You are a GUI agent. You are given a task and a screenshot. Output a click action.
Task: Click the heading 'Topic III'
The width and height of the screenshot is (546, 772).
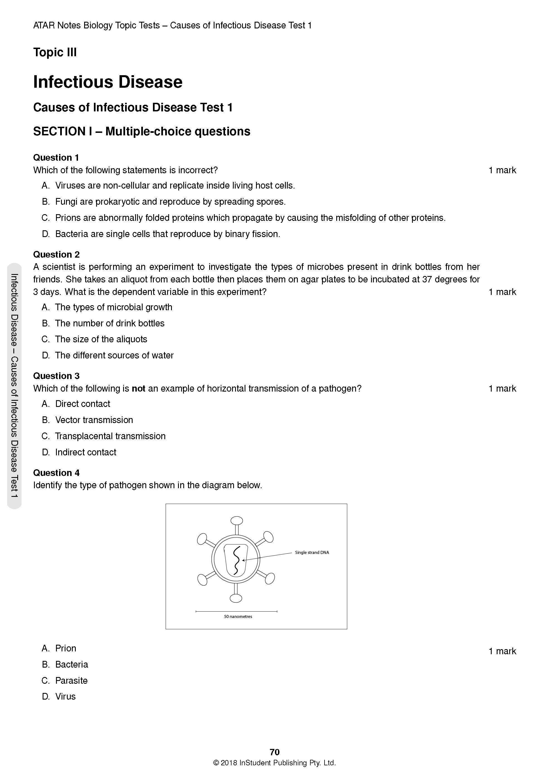(x=55, y=52)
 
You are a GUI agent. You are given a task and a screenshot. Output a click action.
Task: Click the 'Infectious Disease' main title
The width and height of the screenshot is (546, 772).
(x=108, y=82)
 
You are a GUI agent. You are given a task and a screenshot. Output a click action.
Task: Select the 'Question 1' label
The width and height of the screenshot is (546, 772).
(x=56, y=157)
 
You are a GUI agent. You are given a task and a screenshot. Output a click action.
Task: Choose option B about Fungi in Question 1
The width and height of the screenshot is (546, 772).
(x=170, y=202)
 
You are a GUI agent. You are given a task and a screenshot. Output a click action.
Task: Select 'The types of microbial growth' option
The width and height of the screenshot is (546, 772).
(x=113, y=307)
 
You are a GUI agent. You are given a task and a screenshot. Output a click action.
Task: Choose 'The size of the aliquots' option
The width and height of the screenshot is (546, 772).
(x=101, y=339)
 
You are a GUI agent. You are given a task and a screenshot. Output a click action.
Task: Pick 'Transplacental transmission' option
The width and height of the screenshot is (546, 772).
(x=110, y=436)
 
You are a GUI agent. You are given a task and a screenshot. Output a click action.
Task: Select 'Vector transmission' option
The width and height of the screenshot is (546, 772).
(x=94, y=420)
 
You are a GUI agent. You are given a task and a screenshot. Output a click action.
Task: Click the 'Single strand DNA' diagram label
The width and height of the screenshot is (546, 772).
(x=311, y=553)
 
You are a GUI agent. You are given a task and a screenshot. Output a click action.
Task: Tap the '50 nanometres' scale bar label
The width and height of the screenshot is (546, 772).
(x=238, y=616)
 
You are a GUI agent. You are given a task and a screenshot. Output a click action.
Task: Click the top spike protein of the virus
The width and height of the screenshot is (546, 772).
(x=237, y=521)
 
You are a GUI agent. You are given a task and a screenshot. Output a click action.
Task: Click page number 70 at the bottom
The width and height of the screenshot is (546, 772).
(x=274, y=752)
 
